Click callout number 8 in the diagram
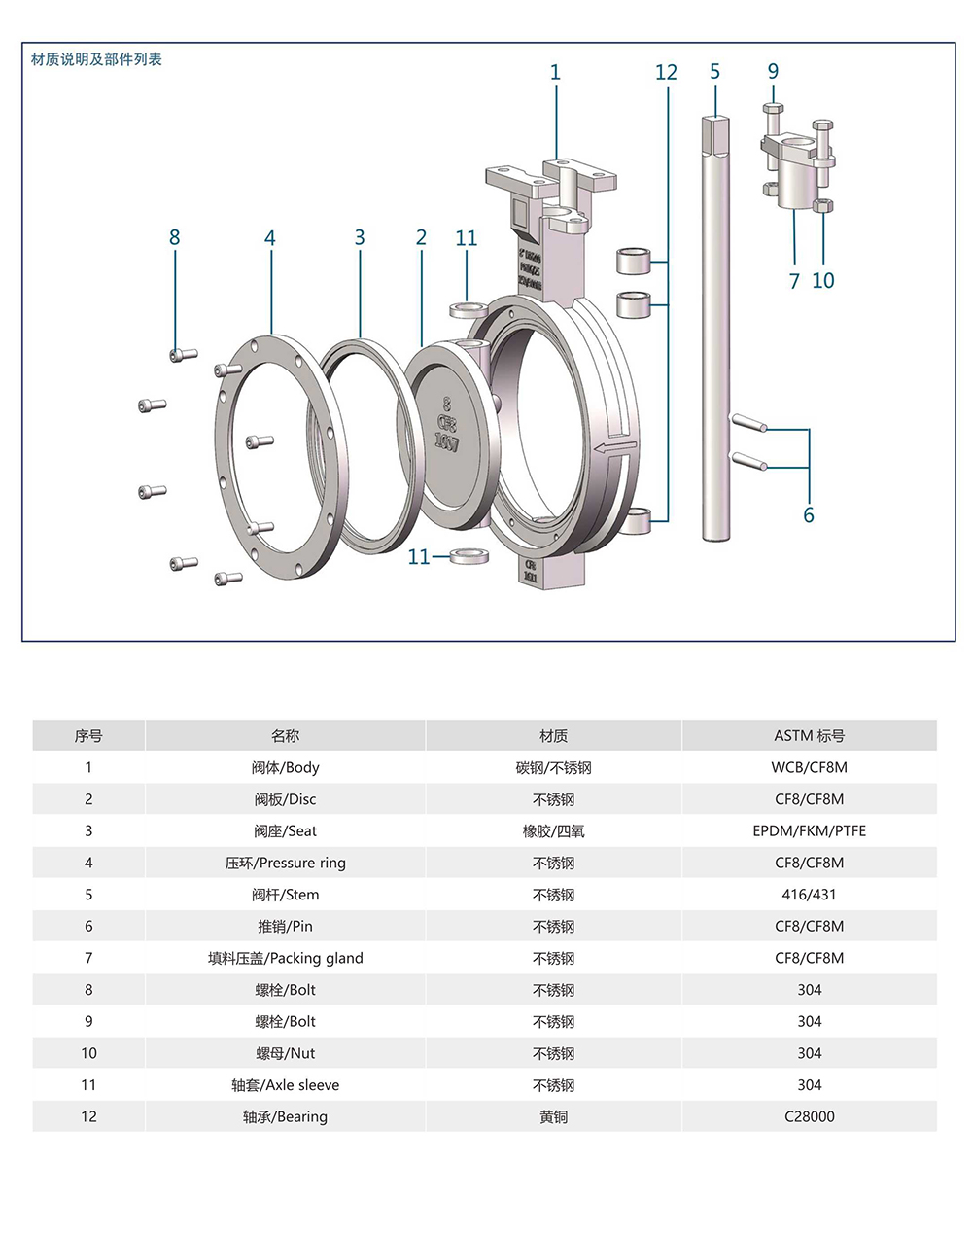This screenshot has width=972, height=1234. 175,237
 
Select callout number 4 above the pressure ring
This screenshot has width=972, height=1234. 270,238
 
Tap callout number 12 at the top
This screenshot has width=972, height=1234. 666,73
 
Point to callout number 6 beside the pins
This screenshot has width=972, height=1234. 808,515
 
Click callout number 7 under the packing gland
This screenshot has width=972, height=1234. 794,281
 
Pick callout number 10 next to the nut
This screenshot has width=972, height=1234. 823,281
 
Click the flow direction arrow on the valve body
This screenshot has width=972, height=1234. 614,447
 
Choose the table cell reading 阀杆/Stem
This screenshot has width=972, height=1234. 285,895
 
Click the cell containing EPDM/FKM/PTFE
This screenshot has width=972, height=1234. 809,831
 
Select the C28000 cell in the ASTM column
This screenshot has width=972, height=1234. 809,1116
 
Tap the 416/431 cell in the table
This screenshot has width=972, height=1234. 809,895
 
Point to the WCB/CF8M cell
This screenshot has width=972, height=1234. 809,767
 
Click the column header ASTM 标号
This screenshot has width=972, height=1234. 809,736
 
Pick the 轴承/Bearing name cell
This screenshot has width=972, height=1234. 285,1116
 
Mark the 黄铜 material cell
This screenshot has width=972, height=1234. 553,1116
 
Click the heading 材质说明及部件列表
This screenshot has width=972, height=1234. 96,59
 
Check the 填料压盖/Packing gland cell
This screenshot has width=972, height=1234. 285,958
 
